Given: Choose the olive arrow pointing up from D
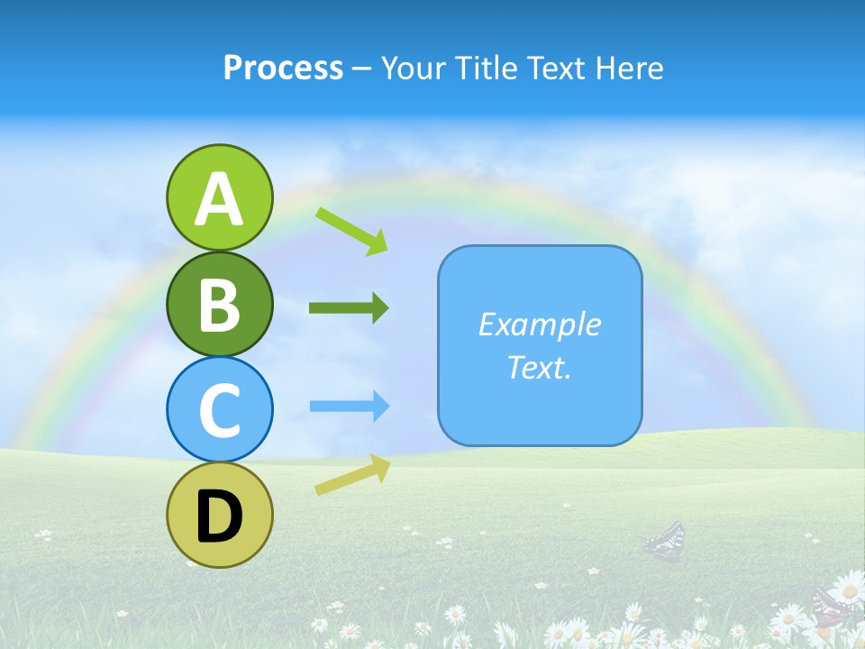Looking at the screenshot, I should (352, 475).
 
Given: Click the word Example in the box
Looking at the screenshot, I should (539, 324).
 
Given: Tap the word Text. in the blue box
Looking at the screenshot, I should (539, 367).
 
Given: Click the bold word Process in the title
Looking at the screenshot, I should (283, 68).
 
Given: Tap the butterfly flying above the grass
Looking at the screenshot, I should (665, 541).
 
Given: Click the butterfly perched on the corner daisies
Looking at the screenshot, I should (831, 605).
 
